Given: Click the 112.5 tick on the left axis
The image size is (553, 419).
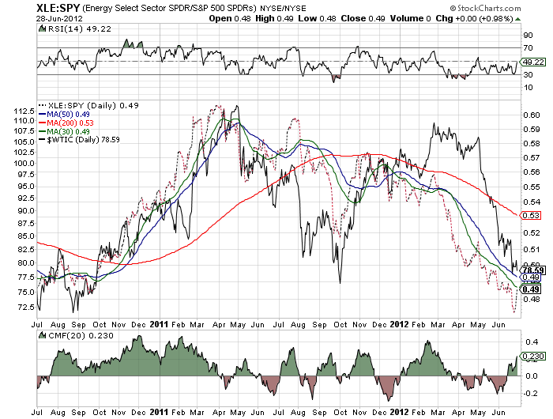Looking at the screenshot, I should point(24,111).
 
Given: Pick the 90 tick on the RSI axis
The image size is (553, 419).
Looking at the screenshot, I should point(526,36).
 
